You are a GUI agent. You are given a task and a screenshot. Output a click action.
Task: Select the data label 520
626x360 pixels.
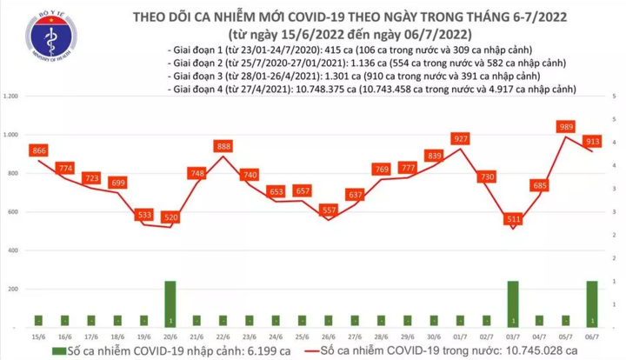tap(170, 217)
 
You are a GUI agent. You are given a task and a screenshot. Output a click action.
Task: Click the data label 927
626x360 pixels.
tap(462, 138)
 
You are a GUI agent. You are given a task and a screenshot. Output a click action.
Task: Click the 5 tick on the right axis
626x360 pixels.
tap(615, 95)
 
